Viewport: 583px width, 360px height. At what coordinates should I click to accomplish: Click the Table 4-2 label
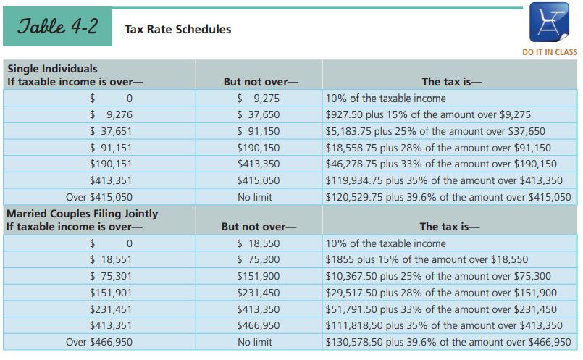pyautogui.click(x=58, y=27)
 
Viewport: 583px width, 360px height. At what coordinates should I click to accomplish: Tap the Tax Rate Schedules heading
pyautogui.click(x=177, y=30)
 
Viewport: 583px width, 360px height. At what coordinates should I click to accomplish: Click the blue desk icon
pyautogui.click(x=549, y=22)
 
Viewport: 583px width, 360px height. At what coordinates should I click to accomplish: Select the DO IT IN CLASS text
pyautogui.click(x=550, y=52)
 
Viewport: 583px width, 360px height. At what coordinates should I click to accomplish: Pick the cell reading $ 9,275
pyautogui.click(x=259, y=99)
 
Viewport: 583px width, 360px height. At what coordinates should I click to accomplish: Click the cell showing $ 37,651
pyautogui.click(x=111, y=131)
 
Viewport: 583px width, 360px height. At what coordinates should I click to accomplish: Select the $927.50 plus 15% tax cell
pyautogui.click(x=428, y=114)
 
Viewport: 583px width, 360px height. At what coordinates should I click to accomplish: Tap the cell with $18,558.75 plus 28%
pyautogui.click(x=438, y=148)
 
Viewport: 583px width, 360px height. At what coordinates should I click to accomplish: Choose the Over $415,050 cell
pyautogui.click(x=99, y=197)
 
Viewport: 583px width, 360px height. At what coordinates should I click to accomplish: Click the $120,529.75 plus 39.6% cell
pyautogui.click(x=448, y=197)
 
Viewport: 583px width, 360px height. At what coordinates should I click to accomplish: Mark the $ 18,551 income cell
pyautogui.click(x=111, y=259)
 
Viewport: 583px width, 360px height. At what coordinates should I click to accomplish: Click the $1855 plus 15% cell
pyautogui.click(x=427, y=259)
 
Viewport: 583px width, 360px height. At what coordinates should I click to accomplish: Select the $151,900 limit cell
pyautogui.click(x=259, y=276)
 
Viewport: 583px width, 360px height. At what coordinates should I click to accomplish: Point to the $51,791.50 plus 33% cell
pyautogui.click(x=441, y=309)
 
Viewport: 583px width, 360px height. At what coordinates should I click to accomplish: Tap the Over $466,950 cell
pyautogui.click(x=99, y=342)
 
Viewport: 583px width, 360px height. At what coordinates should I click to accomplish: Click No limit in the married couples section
pyautogui.click(x=255, y=342)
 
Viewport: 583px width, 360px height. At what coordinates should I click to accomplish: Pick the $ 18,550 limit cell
pyautogui.click(x=259, y=243)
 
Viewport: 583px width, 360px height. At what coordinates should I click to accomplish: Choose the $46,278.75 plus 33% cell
pyautogui.click(x=441, y=164)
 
